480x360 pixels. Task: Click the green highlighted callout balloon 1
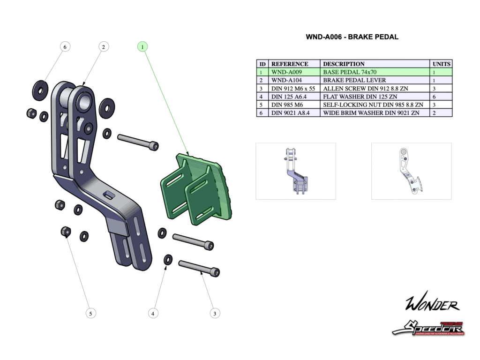[x=142, y=46]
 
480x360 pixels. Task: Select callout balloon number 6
[x=65, y=46]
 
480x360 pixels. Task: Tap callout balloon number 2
[x=104, y=46]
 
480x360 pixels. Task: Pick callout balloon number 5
[x=91, y=313]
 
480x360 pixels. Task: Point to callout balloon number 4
[x=153, y=313]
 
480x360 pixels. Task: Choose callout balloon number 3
[x=214, y=313]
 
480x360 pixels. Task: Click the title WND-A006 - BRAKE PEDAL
[x=352, y=37]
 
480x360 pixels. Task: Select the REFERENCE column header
[x=290, y=64]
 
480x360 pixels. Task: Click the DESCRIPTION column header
[x=344, y=64]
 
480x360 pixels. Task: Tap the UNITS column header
[x=441, y=64]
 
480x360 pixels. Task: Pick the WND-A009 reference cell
[x=286, y=72]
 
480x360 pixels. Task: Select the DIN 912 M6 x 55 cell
[x=293, y=88]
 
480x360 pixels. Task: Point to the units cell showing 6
[x=435, y=97]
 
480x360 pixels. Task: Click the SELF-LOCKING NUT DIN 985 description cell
[x=373, y=105]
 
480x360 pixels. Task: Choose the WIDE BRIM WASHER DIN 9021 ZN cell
[x=371, y=113]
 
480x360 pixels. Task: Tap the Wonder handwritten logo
[x=432, y=304]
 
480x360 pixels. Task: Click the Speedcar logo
[x=428, y=328]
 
